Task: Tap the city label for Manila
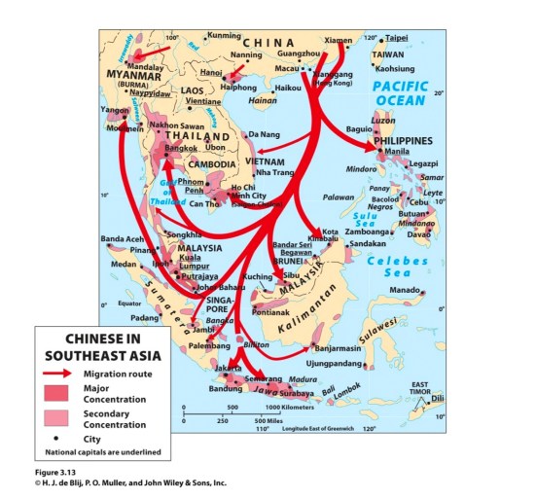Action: [397, 152]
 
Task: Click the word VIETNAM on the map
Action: [264, 161]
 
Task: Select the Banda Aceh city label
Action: [124, 239]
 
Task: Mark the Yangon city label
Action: [115, 110]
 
